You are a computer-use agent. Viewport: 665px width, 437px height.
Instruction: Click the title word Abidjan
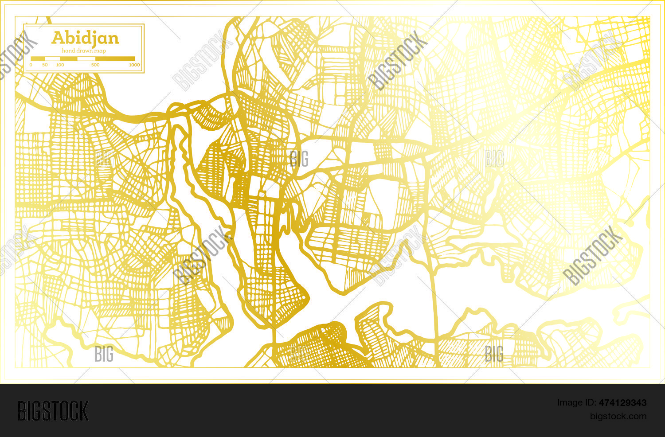(85, 38)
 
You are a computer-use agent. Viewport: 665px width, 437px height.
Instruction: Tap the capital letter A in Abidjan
(57, 38)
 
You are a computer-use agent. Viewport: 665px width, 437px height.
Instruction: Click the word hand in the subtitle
(68, 51)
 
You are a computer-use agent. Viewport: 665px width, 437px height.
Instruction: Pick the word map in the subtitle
(100, 51)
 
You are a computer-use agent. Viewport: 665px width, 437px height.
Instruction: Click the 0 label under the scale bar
(31, 65)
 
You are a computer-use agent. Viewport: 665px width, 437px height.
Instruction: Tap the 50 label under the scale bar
(45, 65)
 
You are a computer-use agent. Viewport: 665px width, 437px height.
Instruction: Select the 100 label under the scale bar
(60, 65)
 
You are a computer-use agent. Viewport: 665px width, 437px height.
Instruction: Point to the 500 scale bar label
(95, 65)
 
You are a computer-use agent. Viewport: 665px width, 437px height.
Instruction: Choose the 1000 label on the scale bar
(134, 65)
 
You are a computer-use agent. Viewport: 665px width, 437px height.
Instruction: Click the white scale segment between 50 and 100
(52, 59)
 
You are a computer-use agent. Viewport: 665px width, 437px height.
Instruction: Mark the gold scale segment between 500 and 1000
(115, 59)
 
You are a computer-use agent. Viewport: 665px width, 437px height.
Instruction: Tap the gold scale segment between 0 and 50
(38, 59)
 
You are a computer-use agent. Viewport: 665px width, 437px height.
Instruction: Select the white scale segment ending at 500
(86, 59)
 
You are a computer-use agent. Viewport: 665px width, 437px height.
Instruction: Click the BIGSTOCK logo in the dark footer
(53, 411)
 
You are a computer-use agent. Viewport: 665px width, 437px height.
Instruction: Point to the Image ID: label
(577, 403)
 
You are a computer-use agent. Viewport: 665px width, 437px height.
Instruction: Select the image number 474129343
(622, 403)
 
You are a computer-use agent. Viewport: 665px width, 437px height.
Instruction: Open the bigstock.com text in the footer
(618, 416)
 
